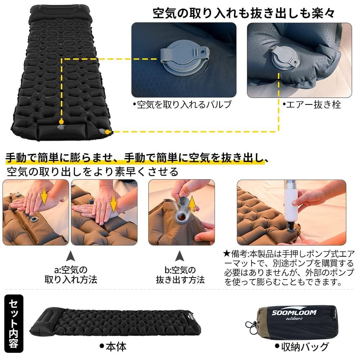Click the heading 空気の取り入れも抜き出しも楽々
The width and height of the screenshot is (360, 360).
pos(244,14)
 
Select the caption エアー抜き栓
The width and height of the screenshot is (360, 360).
pos(311,105)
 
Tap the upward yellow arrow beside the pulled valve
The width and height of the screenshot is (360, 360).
pos(193,204)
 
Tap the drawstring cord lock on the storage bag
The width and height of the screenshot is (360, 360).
pos(251,325)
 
